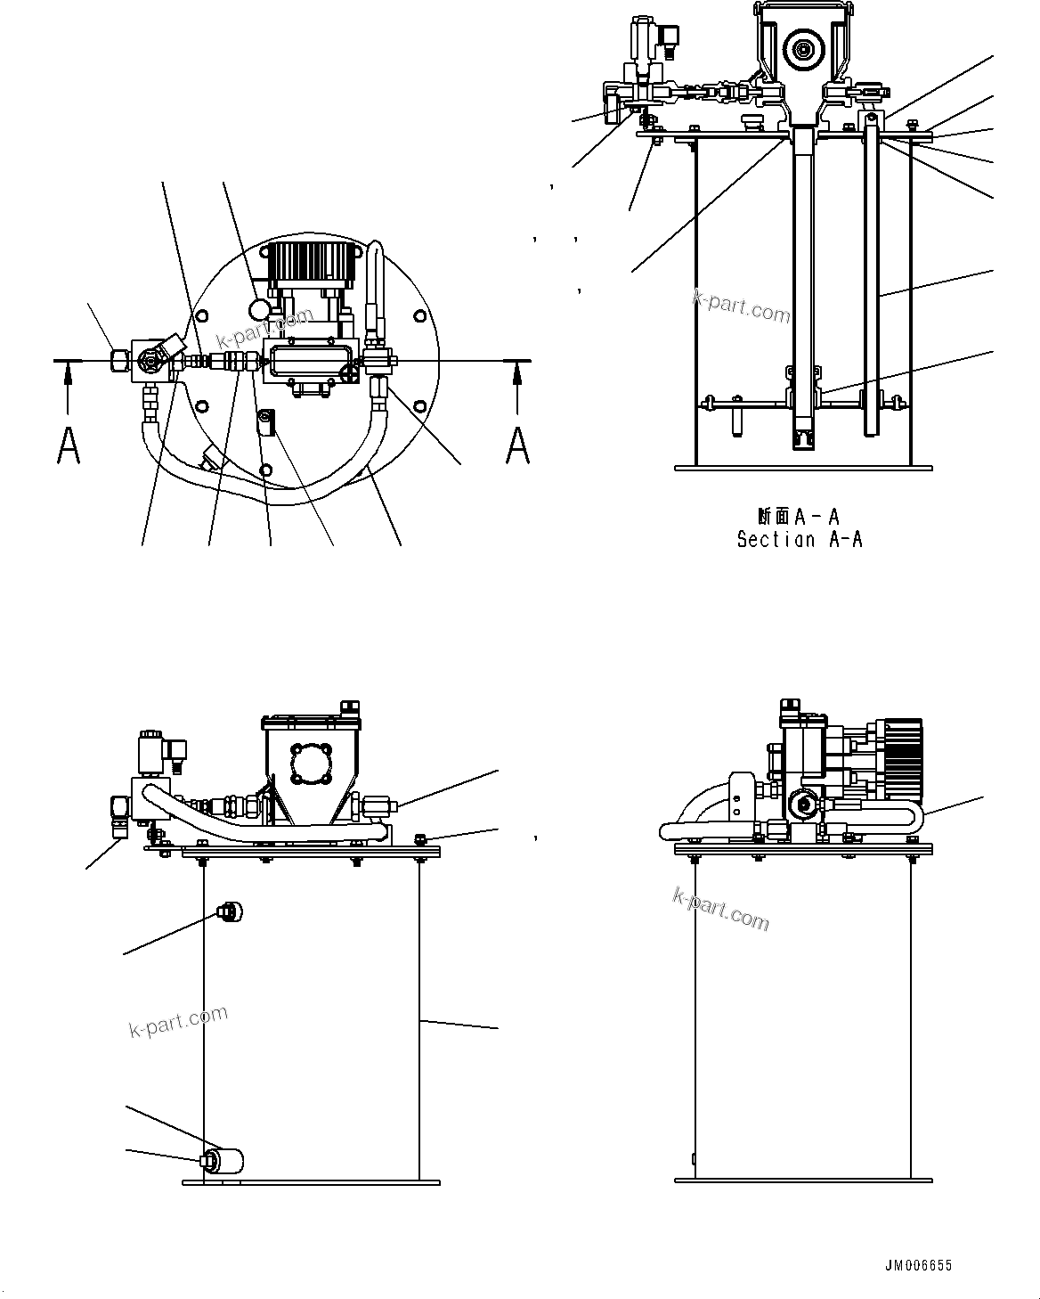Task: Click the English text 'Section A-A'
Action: (799, 539)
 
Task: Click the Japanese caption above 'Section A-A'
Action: (799, 517)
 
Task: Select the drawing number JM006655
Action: (918, 1265)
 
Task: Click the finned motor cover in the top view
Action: (312, 260)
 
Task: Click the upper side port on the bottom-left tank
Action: (229, 911)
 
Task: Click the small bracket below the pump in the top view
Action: (265, 420)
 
